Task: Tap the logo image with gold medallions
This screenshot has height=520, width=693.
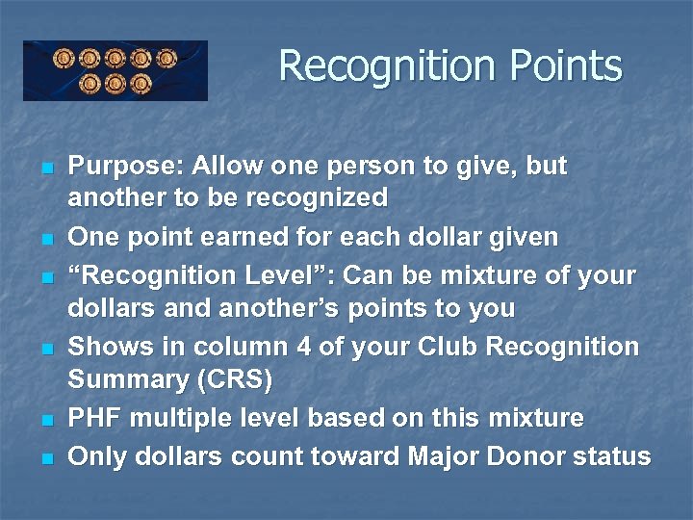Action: (115, 70)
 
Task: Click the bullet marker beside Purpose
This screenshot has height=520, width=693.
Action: (46, 169)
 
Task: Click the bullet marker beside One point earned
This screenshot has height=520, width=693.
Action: (46, 239)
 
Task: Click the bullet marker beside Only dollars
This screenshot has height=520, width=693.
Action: (46, 458)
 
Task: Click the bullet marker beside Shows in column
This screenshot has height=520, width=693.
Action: (46, 349)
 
